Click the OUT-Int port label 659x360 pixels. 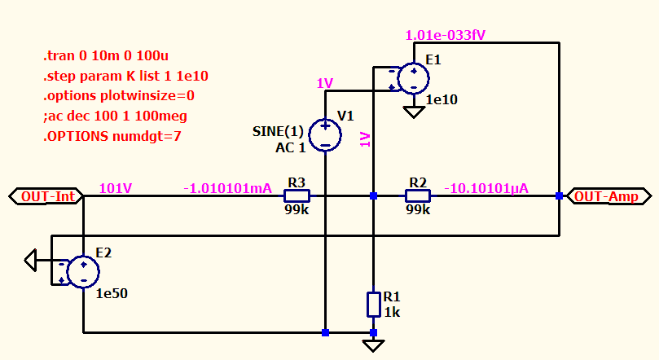click(46, 196)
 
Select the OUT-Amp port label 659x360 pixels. click(608, 196)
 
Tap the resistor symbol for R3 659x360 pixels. click(297, 195)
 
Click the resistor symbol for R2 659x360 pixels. click(418, 195)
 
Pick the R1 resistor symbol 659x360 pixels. click(374, 305)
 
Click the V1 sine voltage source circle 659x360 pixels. click(325, 135)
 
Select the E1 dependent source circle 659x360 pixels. click(414, 78)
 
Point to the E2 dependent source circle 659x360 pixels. click(83, 272)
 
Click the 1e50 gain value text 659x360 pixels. click(112, 294)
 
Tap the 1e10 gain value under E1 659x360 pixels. click(442, 100)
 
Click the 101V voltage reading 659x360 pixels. click(116, 188)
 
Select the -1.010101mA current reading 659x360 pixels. click(228, 189)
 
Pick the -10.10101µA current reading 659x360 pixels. click(486, 189)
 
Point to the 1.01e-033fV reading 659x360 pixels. click(446, 35)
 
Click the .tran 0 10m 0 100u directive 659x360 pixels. click(106, 56)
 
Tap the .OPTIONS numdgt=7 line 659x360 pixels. click(112, 137)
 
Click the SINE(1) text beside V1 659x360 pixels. click(278, 131)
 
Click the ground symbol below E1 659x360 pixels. click(414, 112)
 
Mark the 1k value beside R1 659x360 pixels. click(392, 313)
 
